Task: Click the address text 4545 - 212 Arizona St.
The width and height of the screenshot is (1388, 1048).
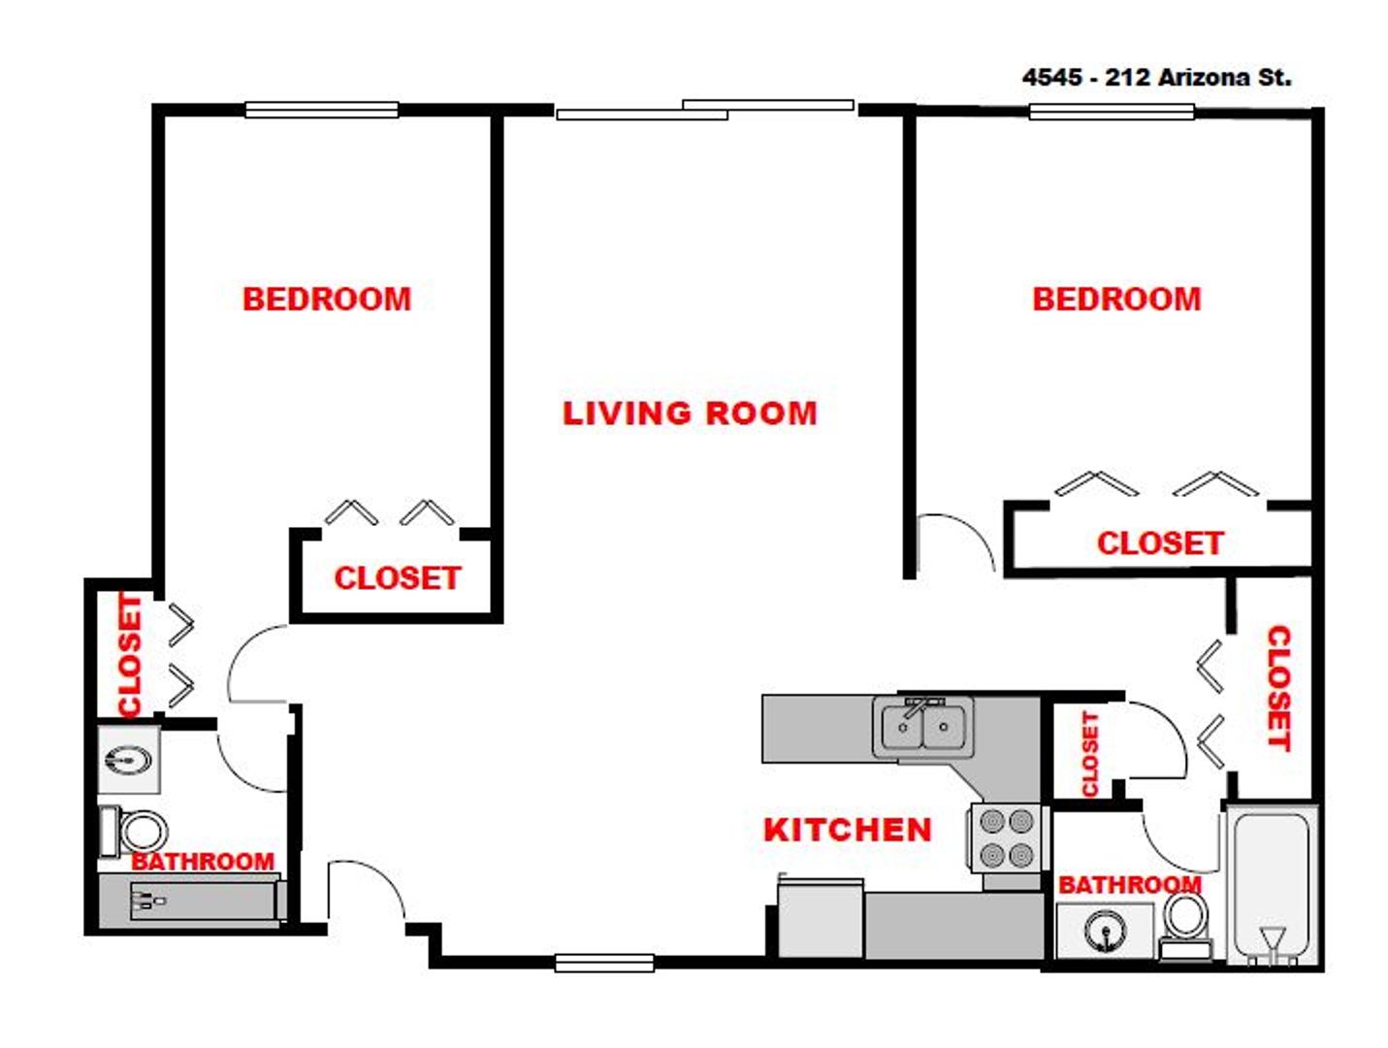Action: pyautogui.click(x=1156, y=78)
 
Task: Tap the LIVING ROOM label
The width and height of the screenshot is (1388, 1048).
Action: pyautogui.click(x=690, y=413)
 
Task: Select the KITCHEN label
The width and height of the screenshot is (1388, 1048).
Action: pyautogui.click(x=847, y=830)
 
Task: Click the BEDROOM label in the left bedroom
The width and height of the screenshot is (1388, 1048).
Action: pyautogui.click(x=327, y=299)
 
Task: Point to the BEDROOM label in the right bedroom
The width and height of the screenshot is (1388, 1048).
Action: pyautogui.click(x=1116, y=299)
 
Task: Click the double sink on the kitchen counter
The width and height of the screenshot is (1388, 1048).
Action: pyautogui.click(x=922, y=727)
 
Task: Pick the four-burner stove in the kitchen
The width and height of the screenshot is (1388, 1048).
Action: pyautogui.click(x=1006, y=838)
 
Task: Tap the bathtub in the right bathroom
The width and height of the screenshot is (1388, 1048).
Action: pyautogui.click(x=1272, y=883)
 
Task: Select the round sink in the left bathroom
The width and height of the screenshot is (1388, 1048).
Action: pyautogui.click(x=127, y=760)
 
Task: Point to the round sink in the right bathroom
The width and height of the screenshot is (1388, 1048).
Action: pyautogui.click(x=1106, y=933)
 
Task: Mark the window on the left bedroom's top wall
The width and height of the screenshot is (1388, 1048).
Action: pyautogui.click(x=321, y=111)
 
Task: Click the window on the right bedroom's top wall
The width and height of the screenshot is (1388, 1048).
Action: pyautogui.click(x=1111, y=112)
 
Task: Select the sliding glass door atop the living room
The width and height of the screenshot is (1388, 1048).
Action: pyautogui.click(x=705, y=110)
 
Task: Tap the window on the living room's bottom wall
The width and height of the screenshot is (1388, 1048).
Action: pyautogui.click(x=604, y=963)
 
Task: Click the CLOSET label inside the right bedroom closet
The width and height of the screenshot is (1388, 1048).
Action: pyautogui.click(x=1160, y=543)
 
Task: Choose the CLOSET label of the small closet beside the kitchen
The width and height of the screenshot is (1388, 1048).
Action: pyautogui.click(x=1089, y=754)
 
